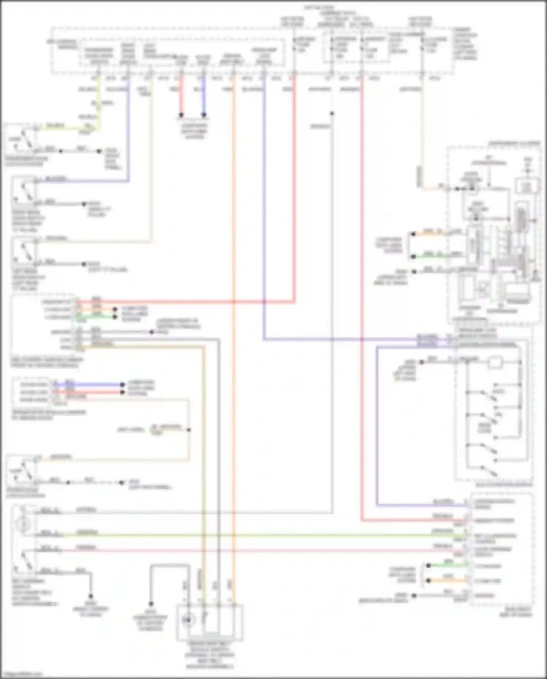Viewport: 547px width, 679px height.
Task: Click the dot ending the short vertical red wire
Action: (181, 115)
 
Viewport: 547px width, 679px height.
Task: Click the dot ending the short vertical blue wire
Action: (204, 115)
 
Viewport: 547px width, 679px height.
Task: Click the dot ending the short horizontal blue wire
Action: (123, 384)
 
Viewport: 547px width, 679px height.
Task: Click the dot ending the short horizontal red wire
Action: (123, 392)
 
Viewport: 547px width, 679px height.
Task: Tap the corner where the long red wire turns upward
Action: (294, 302)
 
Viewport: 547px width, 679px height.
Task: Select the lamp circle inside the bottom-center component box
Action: (189, 619)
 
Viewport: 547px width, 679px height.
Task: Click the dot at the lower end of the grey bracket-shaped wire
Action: (151, 604)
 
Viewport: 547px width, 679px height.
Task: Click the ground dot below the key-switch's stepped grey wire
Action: (90, 596)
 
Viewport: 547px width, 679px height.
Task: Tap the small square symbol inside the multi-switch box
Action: (495, 362)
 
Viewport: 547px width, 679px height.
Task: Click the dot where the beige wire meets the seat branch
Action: (189, 430)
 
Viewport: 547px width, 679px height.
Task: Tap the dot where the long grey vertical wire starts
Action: (332, 113)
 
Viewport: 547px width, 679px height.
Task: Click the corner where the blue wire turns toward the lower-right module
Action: (377, 505)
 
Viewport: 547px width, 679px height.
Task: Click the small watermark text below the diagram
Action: (22, 674)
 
